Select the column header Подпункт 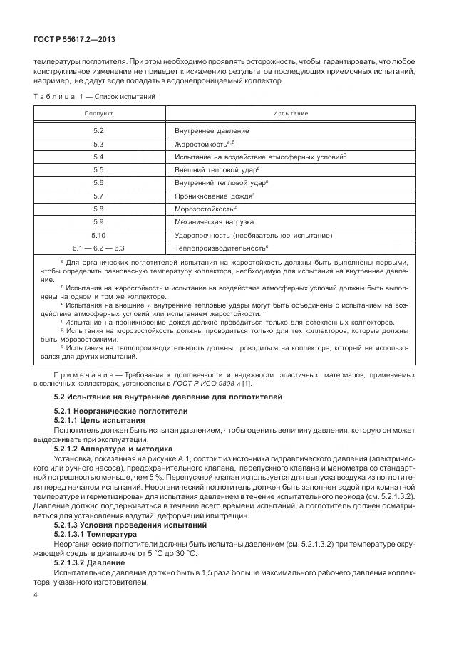point(98,114)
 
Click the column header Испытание point(290,114)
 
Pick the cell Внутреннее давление point(212,132)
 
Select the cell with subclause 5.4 point(98,157)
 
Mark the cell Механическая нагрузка point(215,221)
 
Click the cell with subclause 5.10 point(98,234)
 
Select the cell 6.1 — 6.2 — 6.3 point(98,247)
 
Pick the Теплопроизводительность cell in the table point(221,247)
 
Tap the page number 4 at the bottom point(36,594)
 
